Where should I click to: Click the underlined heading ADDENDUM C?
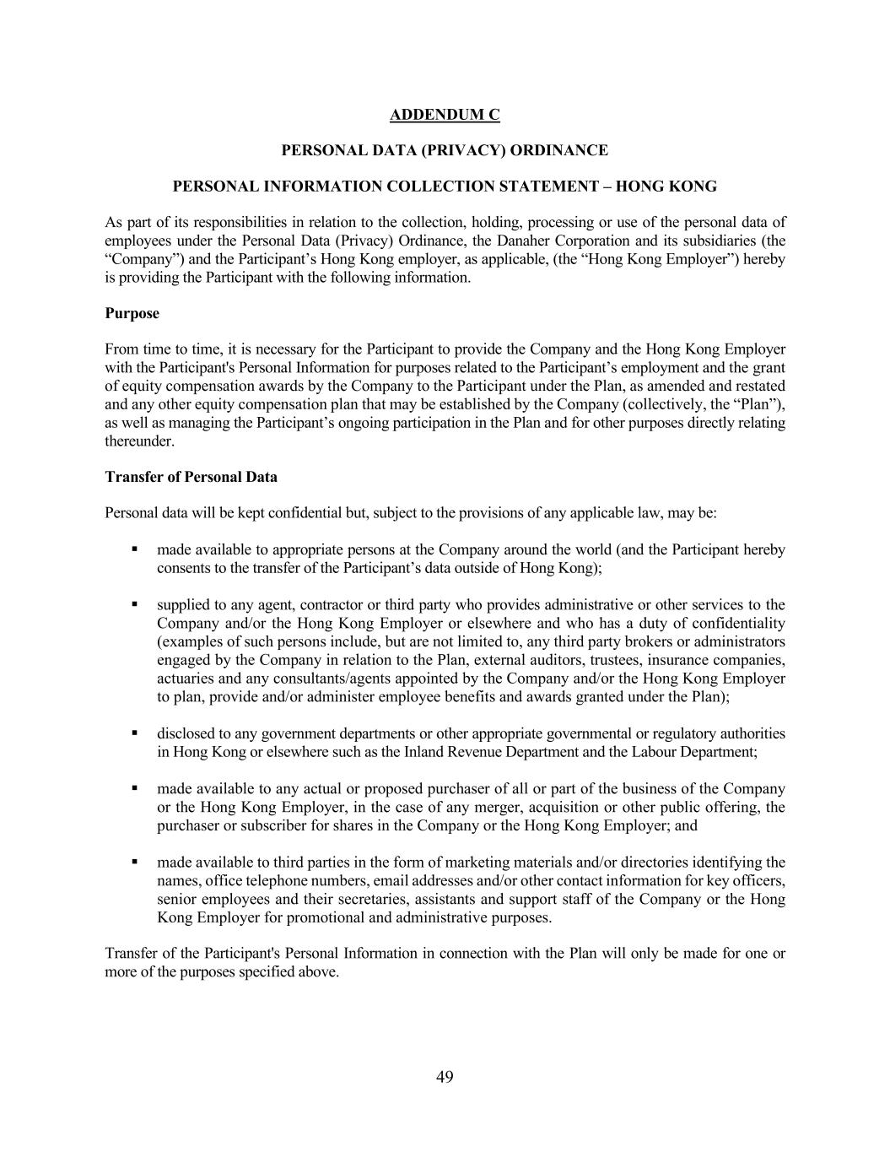pos(445,114)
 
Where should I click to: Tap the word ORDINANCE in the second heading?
pos(565,150)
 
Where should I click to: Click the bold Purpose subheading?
pos(132,313)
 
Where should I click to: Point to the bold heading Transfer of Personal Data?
pos(191,477)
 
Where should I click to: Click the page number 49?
pos(445,1076)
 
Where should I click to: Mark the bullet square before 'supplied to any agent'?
pos(134,604)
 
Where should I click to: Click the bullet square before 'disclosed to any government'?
pos(134,733)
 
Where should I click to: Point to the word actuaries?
pos(185,679)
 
